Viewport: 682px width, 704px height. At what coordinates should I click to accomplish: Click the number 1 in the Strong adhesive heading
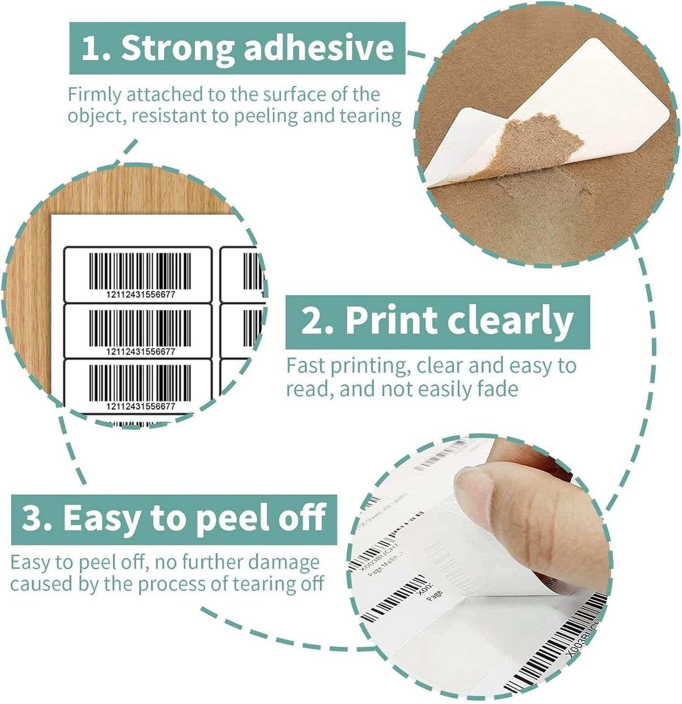[90, 48]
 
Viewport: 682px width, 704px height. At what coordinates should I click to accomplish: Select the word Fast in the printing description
[305, 365]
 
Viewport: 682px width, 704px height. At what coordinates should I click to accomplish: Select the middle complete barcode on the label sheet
[140, 328]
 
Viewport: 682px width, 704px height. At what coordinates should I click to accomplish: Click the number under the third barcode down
[141, 406]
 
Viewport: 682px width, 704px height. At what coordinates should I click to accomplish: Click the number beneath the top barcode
[141, 295]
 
